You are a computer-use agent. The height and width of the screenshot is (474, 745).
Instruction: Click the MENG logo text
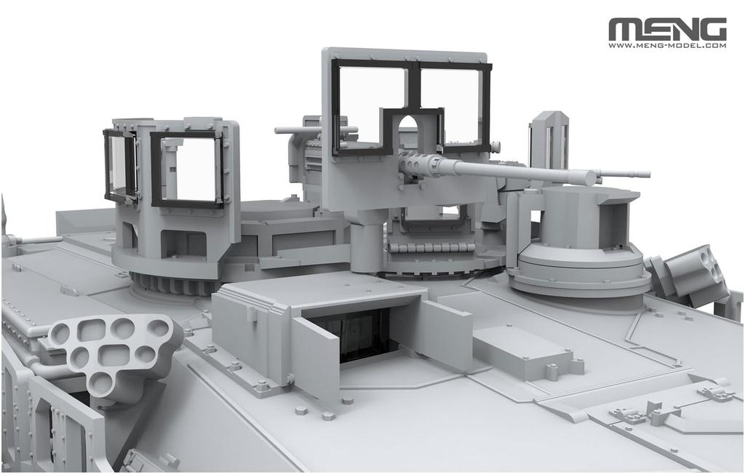[667, 30]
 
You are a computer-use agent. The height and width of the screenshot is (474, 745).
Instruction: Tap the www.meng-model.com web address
[667, 46]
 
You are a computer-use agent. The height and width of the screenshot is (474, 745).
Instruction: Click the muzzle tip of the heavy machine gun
[591, 178]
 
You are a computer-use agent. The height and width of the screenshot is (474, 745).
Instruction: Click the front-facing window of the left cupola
[187, 169]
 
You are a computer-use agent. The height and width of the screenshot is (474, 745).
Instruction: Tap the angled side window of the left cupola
[120, 165]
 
